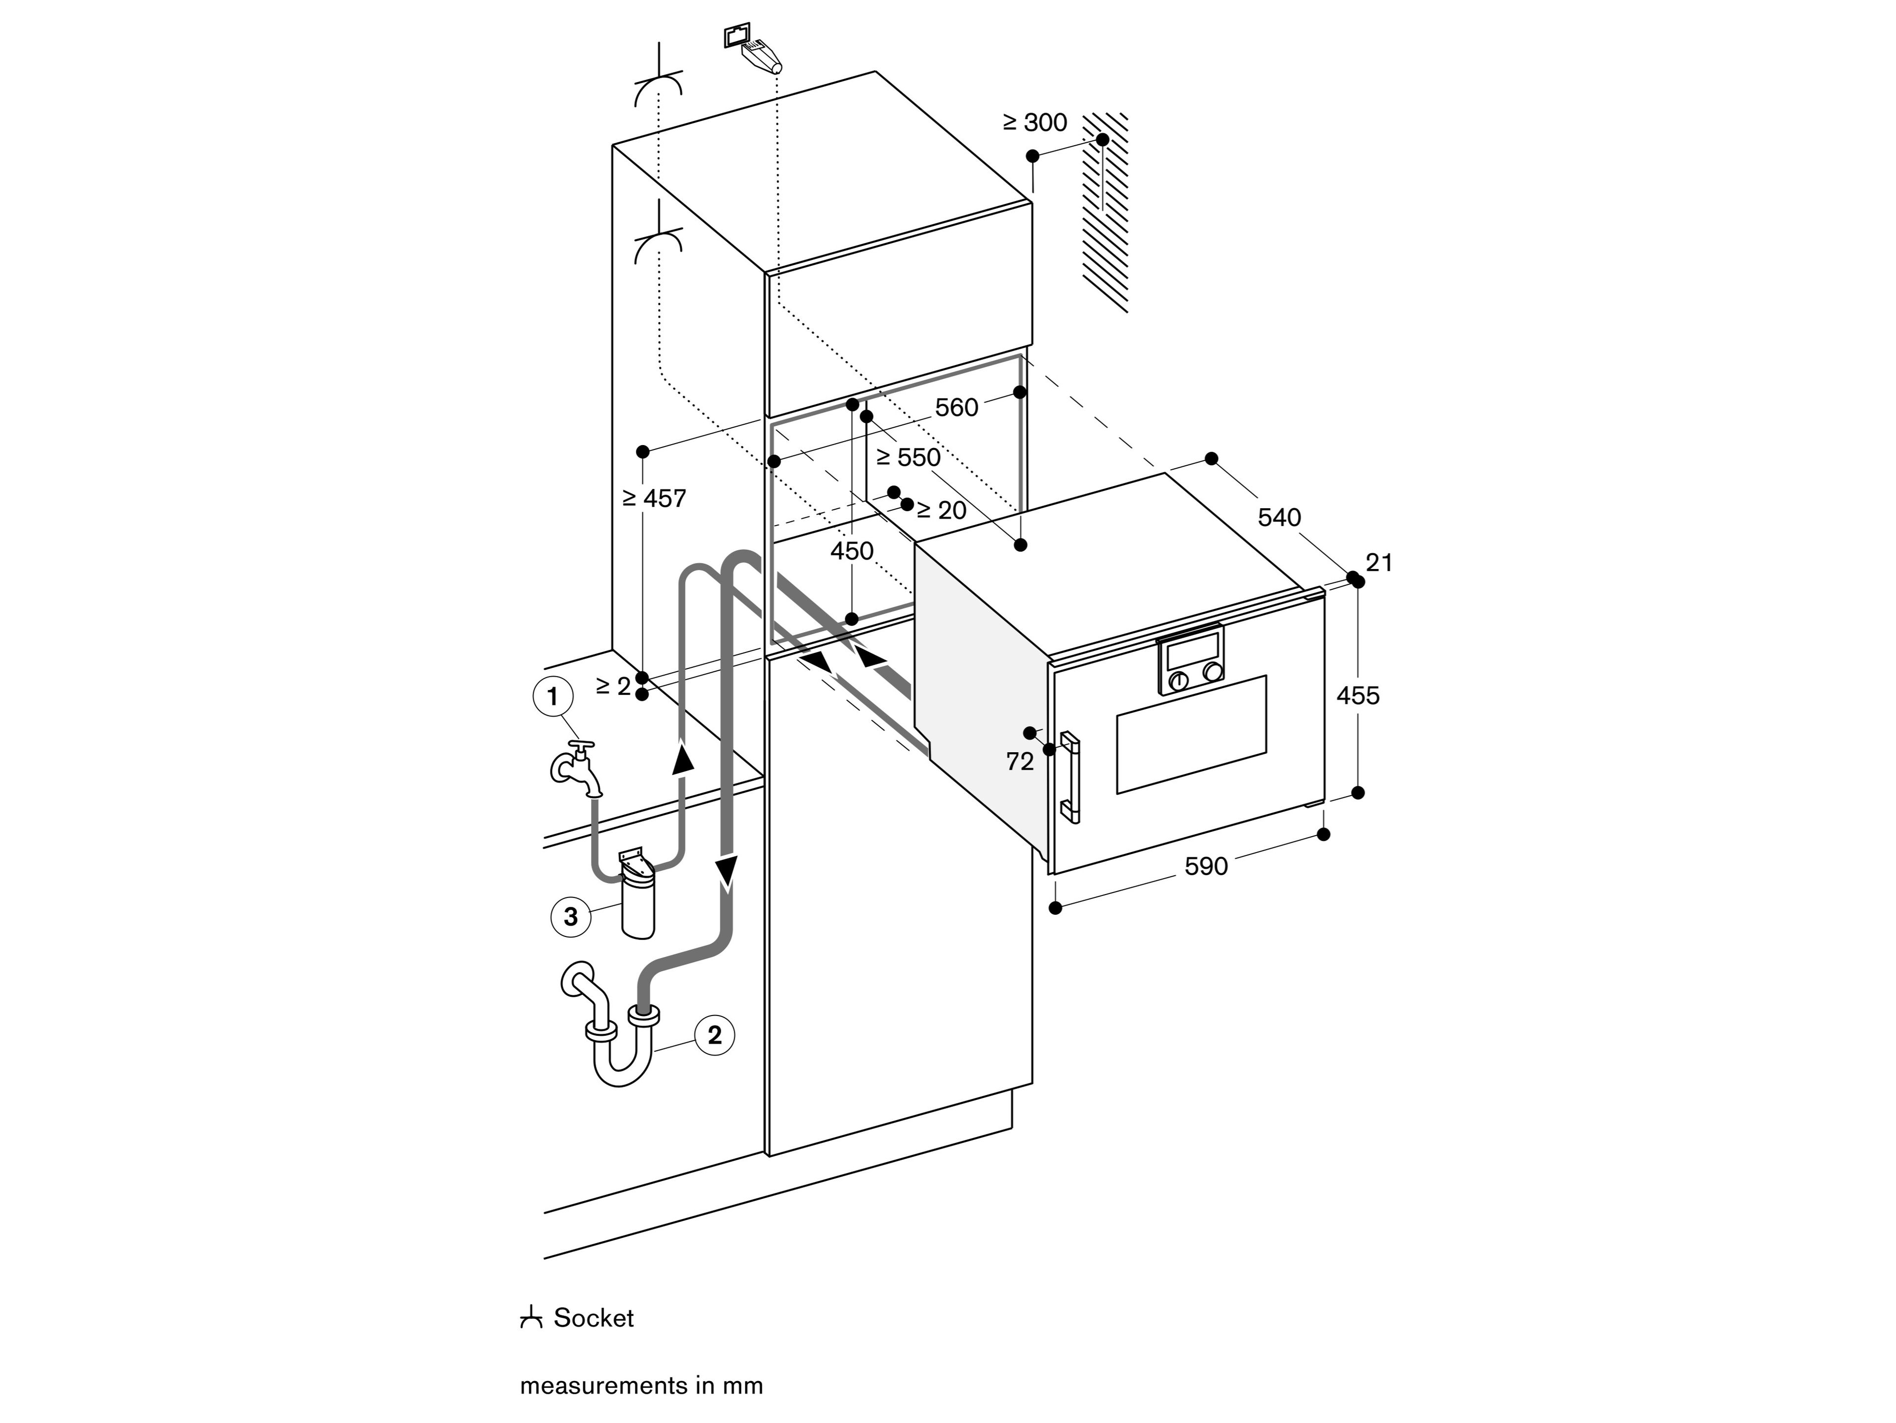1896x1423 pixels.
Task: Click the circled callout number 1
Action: click(553, 696)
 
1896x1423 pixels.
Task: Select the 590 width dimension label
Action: click(1206, 867)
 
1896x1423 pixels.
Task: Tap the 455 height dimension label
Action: click(1358, 695)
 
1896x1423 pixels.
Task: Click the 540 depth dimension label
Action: click(1279, 517)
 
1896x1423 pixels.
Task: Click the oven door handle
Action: click(1070, 776)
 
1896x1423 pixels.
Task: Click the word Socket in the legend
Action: click(593, 1318)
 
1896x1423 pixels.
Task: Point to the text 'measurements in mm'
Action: click(641, 1386)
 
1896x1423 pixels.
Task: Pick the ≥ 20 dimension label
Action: click(941, 511)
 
